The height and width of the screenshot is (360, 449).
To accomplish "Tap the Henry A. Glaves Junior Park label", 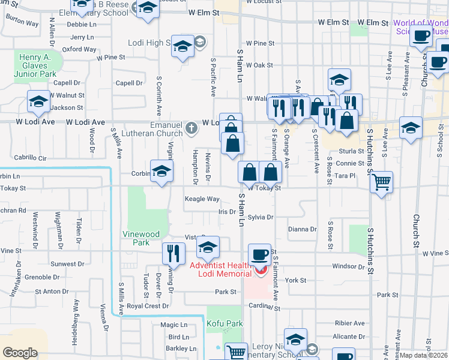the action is (38, 64).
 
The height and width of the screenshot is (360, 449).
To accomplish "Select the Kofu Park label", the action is (224, 324).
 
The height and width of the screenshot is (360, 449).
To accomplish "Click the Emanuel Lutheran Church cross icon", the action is (191, 127).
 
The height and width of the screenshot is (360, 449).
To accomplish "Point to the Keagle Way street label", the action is (202, 199).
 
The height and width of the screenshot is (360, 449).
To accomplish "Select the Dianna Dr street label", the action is (302, 229).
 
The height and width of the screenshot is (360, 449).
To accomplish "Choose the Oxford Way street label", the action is (79, 49).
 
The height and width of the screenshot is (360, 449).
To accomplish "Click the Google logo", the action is (20, 353).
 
